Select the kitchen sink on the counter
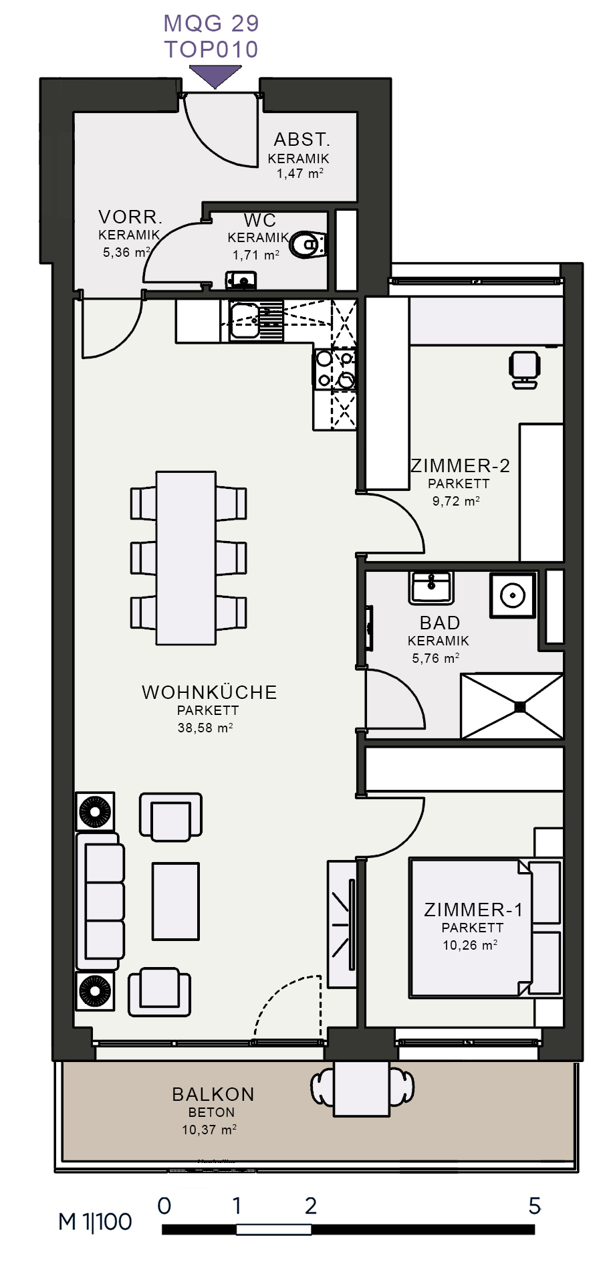coord(245,320)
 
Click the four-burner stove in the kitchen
coord(334,369)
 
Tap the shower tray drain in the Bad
coord(519,706)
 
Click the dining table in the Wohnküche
coord(186,558)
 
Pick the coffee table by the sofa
coord(175,902)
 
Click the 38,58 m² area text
coord(205,728)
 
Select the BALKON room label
coord(213,1094)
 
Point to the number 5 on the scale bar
coord(534,1206)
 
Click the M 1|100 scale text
coord(95,1222)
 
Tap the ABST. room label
coord(302,139)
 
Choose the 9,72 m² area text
coord(456,500)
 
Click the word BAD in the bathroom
coord(440,623)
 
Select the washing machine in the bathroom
coord(513,595)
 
